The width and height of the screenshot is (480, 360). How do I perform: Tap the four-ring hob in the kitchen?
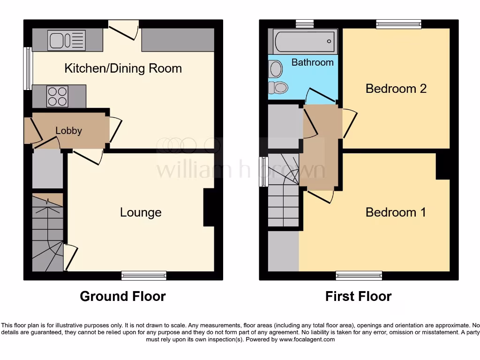(57, 96)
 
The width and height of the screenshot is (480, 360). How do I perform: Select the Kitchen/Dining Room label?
(123, 68)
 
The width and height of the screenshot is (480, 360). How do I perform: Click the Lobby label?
(69, 131)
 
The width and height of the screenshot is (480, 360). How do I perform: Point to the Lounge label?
(141, 212)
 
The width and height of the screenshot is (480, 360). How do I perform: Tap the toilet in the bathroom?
(280, 87)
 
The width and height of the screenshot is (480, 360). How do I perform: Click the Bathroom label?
(313, 62)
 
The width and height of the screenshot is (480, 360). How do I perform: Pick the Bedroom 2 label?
(396, 89)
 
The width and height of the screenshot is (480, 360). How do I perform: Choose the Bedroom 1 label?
(396, 212)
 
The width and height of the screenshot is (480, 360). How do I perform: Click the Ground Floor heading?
(123, 296)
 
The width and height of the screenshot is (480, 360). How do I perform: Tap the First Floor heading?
(359, 296)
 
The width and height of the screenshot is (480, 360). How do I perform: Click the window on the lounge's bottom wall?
(144, 276)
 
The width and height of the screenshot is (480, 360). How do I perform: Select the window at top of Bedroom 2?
(398, 23)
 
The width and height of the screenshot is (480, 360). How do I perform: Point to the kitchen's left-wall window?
(28, 68)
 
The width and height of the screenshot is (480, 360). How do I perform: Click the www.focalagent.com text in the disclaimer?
(307, 339)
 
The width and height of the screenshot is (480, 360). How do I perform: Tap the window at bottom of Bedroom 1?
(359, 276)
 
